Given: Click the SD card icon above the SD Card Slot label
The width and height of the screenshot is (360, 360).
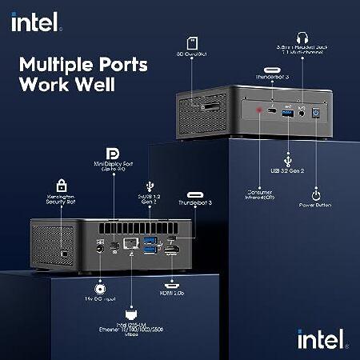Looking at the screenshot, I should (x=192, y=42).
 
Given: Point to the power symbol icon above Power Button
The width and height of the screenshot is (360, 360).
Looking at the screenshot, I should (x=317, y=194).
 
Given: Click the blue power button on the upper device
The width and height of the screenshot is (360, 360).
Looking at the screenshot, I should (x=318, y=114).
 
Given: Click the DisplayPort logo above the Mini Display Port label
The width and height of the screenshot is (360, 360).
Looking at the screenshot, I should (x=114, y=153).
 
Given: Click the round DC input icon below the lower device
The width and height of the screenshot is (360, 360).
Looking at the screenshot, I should (x=100, y=288).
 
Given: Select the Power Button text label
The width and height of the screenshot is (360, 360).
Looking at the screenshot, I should (x=317, y=214).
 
